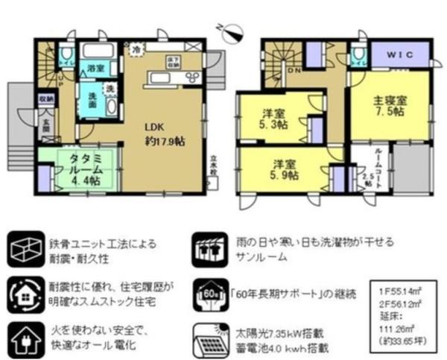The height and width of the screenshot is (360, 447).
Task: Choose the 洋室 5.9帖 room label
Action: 281,169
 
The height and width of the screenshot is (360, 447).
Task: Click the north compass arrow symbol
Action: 232,31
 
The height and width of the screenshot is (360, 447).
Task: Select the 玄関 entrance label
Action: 46,123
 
